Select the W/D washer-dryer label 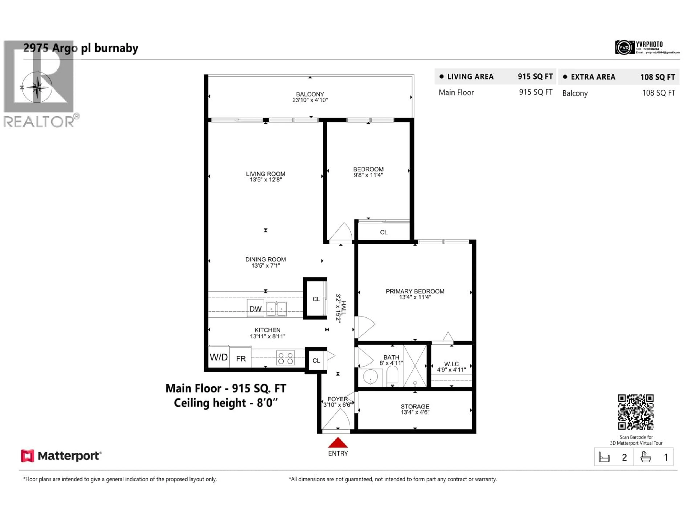click(219, 357)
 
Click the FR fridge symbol click(241, 358)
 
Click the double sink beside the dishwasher click(276, 309)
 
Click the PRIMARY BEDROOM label click(415, 291)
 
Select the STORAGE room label click(415, 406)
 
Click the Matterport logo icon click(27, 456)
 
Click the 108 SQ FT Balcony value click(659, 93)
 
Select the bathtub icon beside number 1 click(646, 457)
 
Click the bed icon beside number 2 click(604, 457)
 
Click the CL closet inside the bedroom click(384, 232)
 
